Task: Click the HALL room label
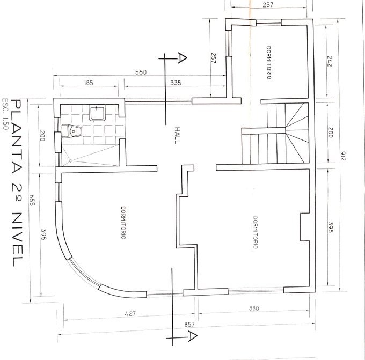(x=177, y=135)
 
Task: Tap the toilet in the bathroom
(x=72, y=131)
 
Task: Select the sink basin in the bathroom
(x=98, y=113)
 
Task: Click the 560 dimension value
(x=141, y=72)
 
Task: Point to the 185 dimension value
(x=89, y=83)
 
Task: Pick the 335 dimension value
(x=176, y=83)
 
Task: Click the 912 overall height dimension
(x=344, y=156)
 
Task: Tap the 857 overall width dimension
(x=189, y=325)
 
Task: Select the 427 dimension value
(x=130, y=313)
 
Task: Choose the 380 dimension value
(x=254, y=308)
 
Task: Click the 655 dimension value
(x=32, y=200)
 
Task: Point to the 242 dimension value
(x=330, y=62)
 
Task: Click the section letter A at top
(x=182, y=58)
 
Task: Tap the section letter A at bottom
(x=193, y=336)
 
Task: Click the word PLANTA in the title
(x=17, y=137)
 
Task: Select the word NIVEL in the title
(x=17, y=239)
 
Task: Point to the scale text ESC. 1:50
(x=5, y=114)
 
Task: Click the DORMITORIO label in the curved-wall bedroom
(x=123, y=223)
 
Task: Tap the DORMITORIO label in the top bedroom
(x=268, y=63)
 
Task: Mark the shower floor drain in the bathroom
(x=70, y=160)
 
